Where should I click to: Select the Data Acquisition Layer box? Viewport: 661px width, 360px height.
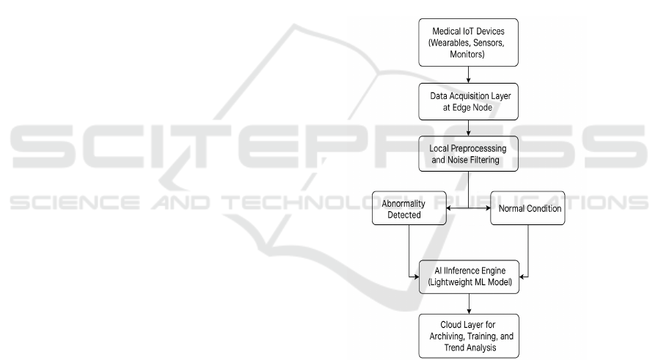468,101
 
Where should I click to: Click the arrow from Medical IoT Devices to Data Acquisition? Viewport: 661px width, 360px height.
468,74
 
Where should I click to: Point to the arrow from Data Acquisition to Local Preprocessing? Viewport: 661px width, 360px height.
468,129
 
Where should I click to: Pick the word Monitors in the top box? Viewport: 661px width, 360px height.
468,54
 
